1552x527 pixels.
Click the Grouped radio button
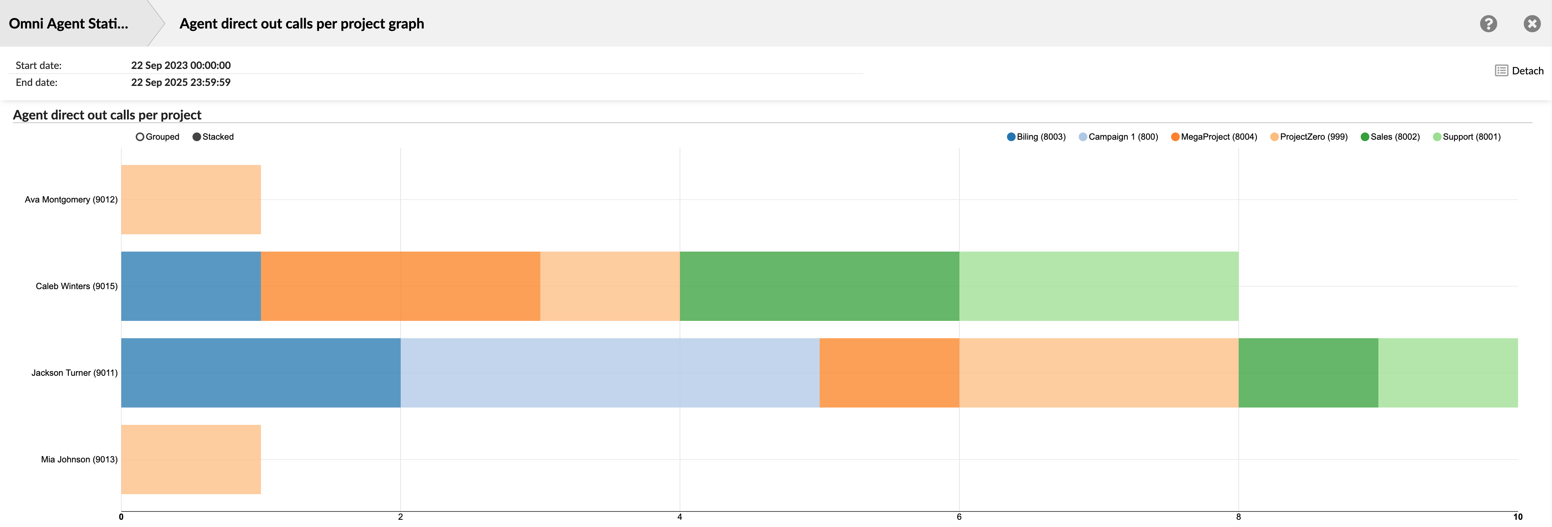coord(140,137)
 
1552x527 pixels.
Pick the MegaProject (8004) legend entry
coord(1214,137)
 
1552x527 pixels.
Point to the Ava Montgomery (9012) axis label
coord(71,199)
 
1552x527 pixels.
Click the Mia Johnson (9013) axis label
coord(79,460)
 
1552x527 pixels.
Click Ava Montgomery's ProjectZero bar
coord(191,199)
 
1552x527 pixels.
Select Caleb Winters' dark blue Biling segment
coord(191,286)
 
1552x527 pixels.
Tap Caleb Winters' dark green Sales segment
coord(819,286)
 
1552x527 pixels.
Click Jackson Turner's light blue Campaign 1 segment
coord(610,373)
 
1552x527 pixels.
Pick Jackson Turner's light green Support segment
coord(1448,373)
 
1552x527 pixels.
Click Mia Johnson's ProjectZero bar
coord(191,460)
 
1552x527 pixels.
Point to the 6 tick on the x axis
coord(959,517)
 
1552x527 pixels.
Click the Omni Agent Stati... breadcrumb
coord(69,23)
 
